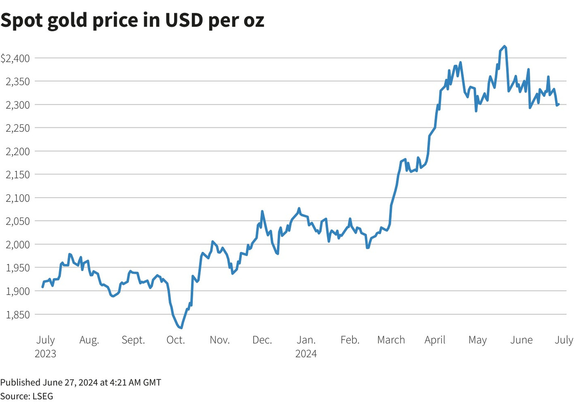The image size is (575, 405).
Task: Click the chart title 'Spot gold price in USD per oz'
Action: coord(132,20)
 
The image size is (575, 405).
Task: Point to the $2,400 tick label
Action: coord(16,58)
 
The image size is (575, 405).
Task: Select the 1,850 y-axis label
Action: coord(18,314)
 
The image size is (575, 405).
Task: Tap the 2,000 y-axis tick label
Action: coord(18,244)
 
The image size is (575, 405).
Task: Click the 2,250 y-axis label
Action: coord(18,128)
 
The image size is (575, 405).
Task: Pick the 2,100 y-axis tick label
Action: coord(18,198)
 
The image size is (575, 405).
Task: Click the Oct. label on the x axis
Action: coord(175,340)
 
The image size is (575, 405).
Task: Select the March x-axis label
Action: coord(391,340)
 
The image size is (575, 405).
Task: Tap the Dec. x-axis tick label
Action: coord(262,340)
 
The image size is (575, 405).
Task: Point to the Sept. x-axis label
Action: coord(133,340)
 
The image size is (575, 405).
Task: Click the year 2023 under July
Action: coord(46,354)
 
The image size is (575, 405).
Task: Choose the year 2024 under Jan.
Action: coord(306,354)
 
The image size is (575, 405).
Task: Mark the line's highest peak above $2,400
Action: coord(504,46)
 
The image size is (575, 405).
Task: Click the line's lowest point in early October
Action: coord(181,328)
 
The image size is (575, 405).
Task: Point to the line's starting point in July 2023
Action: coord(43,287)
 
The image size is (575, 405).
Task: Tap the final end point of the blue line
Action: coord(558,104)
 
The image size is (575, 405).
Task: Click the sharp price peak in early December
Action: coord(262,211)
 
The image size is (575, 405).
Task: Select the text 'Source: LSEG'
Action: coord(27,396)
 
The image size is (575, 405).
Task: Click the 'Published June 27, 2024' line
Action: coord(81,382)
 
